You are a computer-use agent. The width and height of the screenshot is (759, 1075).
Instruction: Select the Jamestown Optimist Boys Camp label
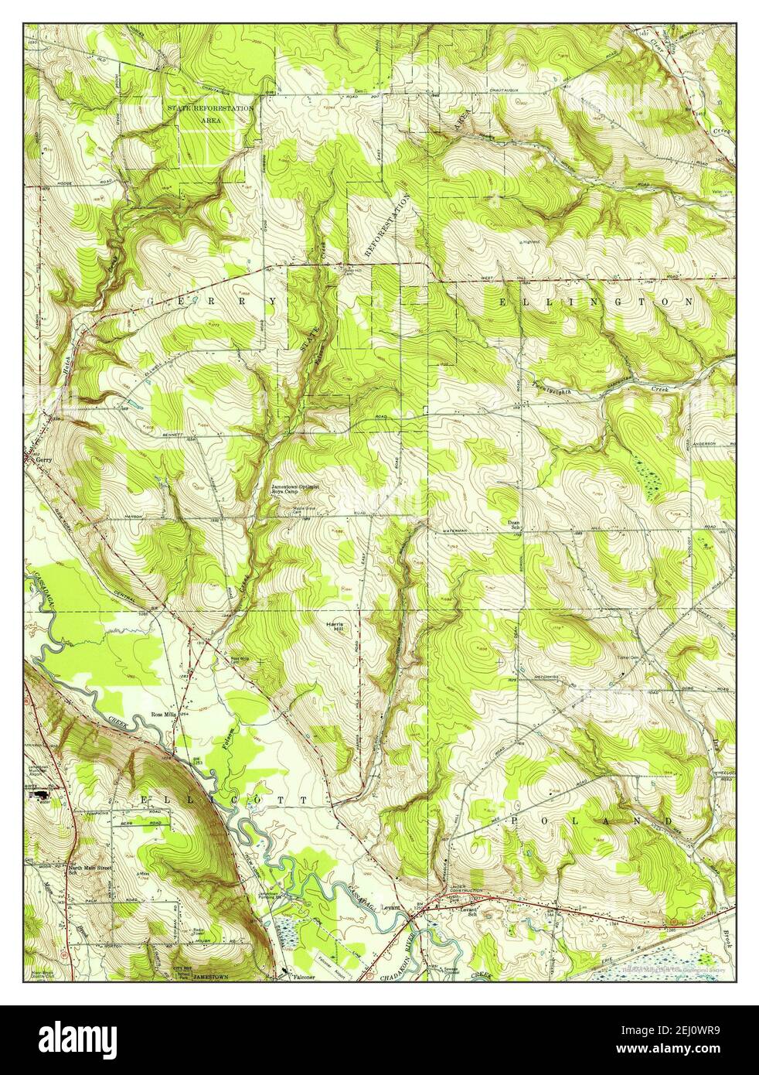click(x=295, y=490)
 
